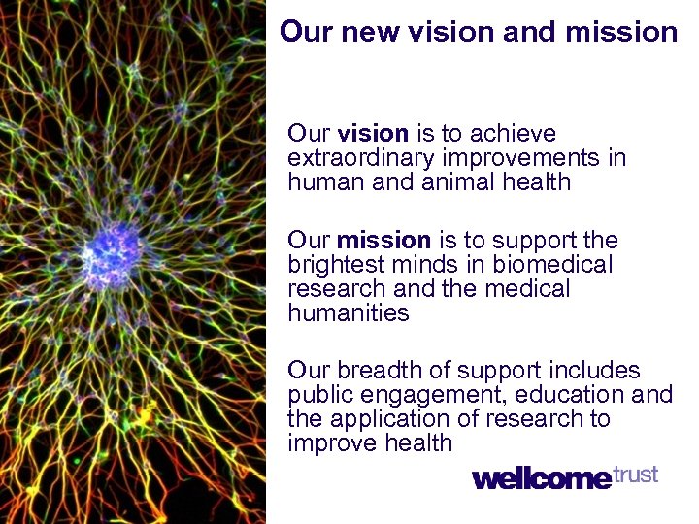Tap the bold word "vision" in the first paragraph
coord(374,134)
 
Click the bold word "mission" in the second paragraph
coord(383,241)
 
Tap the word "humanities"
coord(349,313)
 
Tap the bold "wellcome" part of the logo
coord(542,478)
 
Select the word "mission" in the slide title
coord(623,33)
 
